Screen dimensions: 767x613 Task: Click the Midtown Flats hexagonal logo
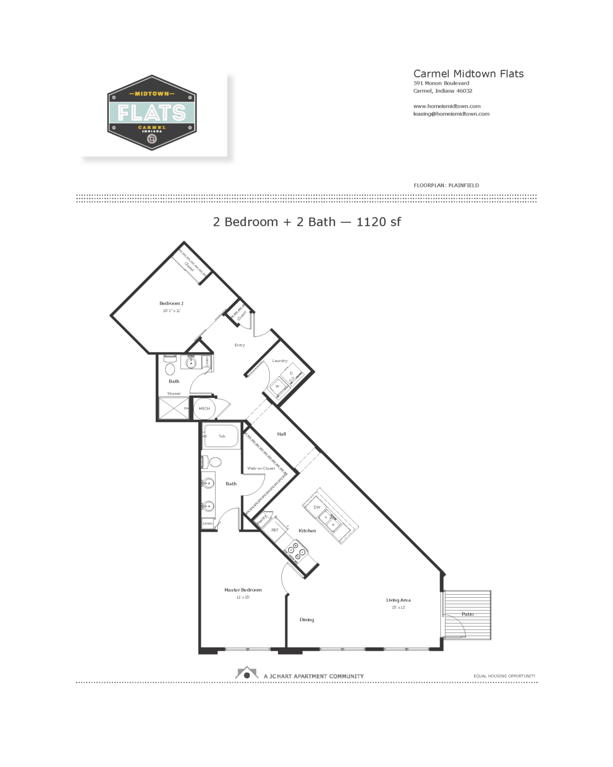pyautogui.click(x=152, y=112)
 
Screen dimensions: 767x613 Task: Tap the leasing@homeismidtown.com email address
pyautogui.click(x=451, y=114)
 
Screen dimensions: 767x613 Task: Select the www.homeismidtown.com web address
pyautogui.click(x=446, y=106)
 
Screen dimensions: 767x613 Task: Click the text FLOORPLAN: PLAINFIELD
pyautogui.click(x=446, y=186)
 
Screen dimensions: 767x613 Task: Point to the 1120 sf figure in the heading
pyautogui.click(x=379, y=222)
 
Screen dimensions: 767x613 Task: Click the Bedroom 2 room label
pyautogui.click(x=171, y=303)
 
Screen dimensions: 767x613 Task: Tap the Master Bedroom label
pyautogui.click(x=243, y=590)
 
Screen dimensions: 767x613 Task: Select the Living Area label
pyautogui.click(x=398, y=600)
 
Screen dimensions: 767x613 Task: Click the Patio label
pyautogui.click(x=467, y=614)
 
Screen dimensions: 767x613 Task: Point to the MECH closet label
pyautogui.click(x=204, y=409)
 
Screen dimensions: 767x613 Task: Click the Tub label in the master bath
pyautogui.click(x=222, y=436)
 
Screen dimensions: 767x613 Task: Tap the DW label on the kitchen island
pyautogui.click(x=317, y=507)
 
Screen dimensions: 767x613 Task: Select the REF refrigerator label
pyautogui.click(x=275, y=530)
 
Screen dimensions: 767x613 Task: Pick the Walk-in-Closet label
pyautogui.click(x=261, y=468)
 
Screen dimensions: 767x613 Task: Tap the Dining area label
pyautogui.click(x=306, y=620)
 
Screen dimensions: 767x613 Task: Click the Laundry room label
pyautogui.click(x=279, y=361)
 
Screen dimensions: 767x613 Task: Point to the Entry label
pyautogui.click(x=240, y=345)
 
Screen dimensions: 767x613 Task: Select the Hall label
pyautogui.click(x=281, y=434)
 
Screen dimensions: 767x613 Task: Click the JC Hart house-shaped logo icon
pyautogui.click(x=247, y=673)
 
